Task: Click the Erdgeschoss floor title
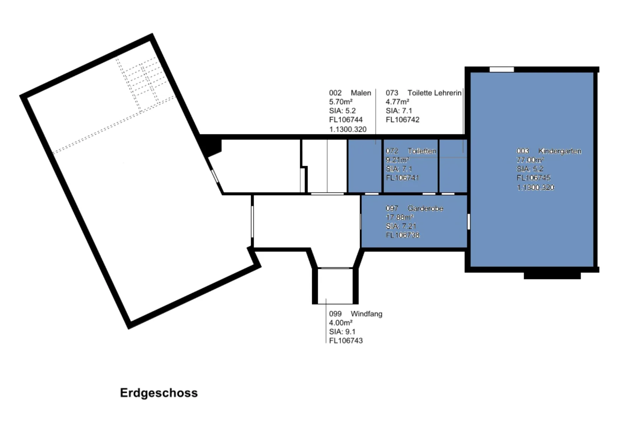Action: point(159,393)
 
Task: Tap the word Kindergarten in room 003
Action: point(560,151)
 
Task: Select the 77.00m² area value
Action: point(530,160)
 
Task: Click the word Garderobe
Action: point(426,209)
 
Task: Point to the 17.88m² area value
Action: point(400,218)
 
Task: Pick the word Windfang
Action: point(367,314)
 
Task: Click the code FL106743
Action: point(346,341)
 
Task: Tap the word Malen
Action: point(361,93)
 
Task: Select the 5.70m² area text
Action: point(341,102)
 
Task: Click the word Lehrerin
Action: point(448,93)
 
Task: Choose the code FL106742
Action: point(402,120)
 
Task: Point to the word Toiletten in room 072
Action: point(422,151)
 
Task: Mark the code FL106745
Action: point(533,178)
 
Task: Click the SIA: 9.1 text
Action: point(342,332)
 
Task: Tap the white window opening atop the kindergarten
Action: point(502,70)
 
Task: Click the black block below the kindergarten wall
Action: point(552,276)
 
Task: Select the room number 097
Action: point(392,209)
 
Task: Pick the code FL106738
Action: point(403,235)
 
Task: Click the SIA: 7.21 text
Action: point(401,226)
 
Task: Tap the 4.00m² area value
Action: point(341,323)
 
